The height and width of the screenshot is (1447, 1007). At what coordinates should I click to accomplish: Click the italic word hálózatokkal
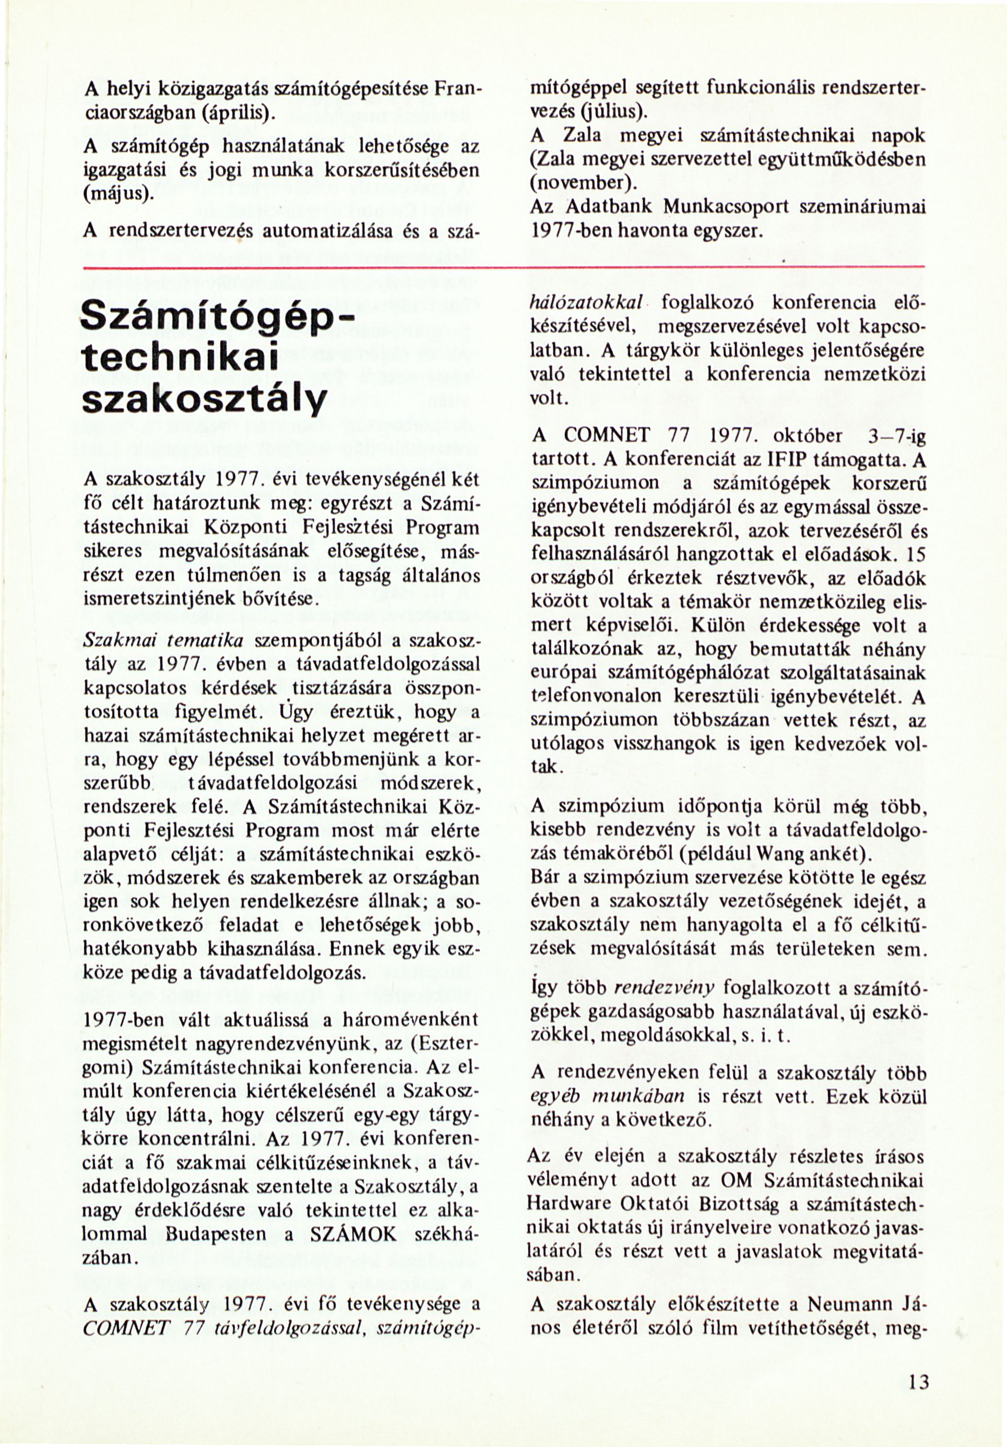click(584, 302)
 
